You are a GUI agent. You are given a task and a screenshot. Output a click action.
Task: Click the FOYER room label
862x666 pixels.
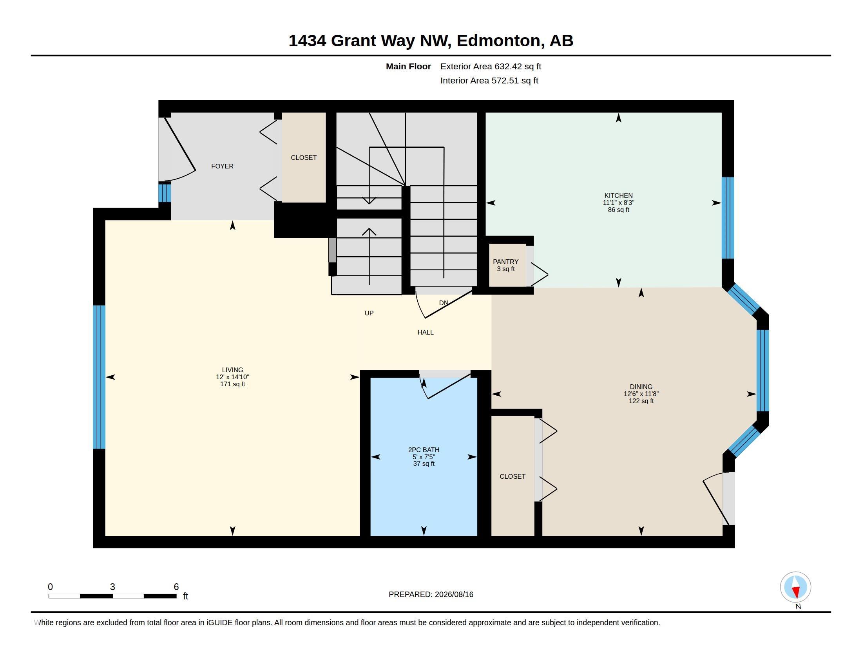tap(222, 166)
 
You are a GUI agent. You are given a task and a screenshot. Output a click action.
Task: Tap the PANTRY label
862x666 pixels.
tap(505, 262)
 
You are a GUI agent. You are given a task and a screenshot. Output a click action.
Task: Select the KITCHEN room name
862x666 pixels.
tap(618, 195)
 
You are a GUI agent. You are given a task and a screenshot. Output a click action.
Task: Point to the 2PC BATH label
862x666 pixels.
tap(424, 450)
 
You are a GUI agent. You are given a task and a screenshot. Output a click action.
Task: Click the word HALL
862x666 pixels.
tap(426, 332)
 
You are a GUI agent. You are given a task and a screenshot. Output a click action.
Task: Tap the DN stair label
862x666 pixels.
tap(444, 303)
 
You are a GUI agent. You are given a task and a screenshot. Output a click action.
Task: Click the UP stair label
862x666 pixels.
tap(369, 313)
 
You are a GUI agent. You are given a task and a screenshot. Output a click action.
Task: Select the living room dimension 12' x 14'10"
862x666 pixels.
tap(232, 377)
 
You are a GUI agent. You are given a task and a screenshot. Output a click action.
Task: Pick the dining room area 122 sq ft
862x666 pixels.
tap(641, 401)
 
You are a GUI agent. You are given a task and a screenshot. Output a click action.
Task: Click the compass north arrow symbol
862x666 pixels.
tap(796, 587)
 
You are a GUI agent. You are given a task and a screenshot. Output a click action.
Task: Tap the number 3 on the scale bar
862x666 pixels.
tap(112, 587)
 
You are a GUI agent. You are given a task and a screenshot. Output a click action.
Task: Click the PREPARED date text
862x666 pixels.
tap(431, 594)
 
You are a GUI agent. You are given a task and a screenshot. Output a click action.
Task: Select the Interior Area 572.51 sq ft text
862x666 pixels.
tap(489, 80)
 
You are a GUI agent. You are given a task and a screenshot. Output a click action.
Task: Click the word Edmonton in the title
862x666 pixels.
tap(498, 41)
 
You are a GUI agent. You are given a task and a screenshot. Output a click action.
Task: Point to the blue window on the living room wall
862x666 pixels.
tap(99, 377)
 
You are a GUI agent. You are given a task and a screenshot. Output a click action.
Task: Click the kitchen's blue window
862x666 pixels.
tap(728, 218)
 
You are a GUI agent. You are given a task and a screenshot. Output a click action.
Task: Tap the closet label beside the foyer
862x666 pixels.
tap(304, 157)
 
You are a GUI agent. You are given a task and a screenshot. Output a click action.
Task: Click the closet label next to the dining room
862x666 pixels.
tap(513, 476)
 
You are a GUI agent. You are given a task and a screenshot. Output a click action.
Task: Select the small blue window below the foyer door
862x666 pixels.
tap(165, 193)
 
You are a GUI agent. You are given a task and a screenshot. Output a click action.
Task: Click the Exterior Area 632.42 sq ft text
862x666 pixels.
tap(491, 66)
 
